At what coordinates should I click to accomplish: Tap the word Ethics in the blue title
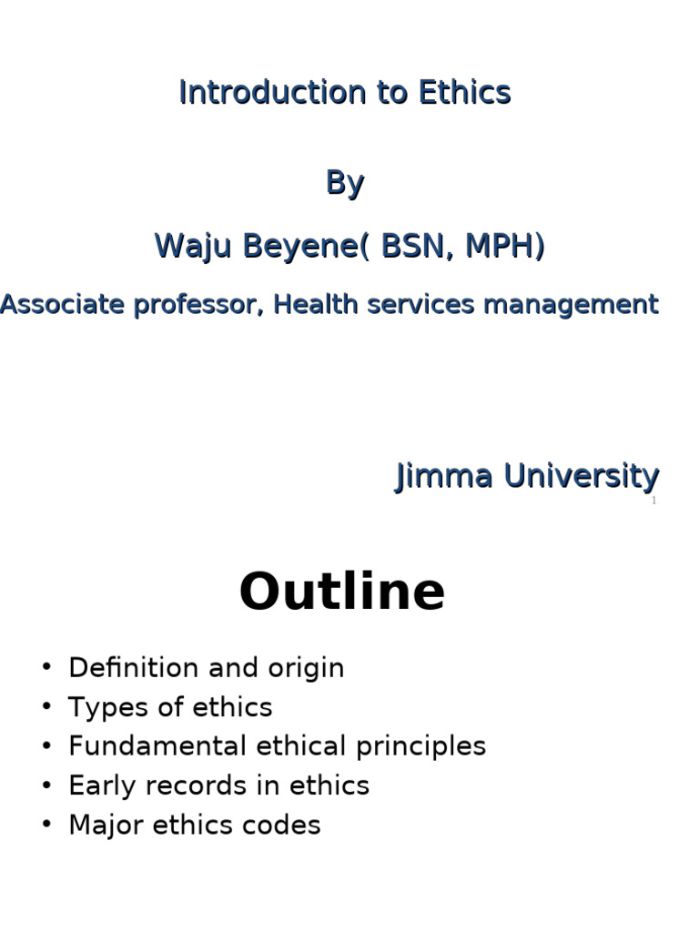pos(464,92)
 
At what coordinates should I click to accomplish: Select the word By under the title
pos(345,183)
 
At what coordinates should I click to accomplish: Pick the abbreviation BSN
pos(415,246)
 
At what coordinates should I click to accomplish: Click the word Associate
pos(61,304)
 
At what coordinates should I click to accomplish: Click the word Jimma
pos(443,475)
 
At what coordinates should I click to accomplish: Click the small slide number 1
pos(653,501)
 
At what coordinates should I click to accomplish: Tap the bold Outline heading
pos(342,592)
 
